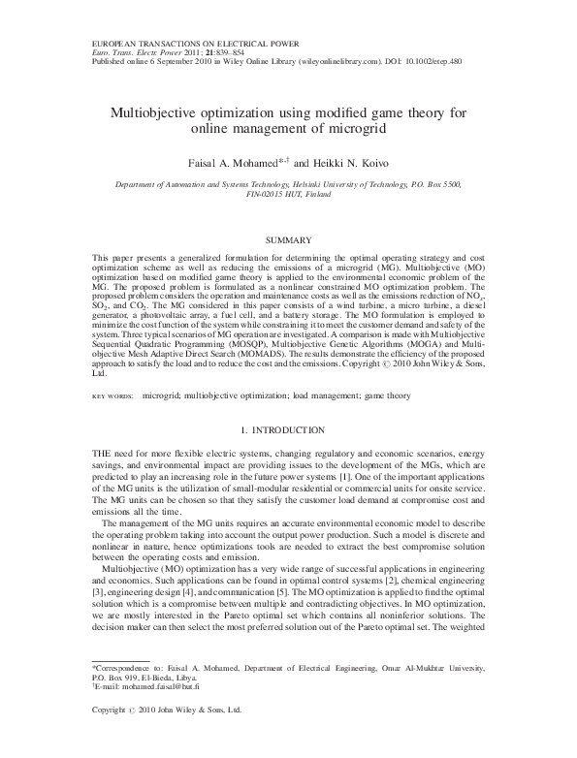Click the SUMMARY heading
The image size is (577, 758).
(x=288, y=238)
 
